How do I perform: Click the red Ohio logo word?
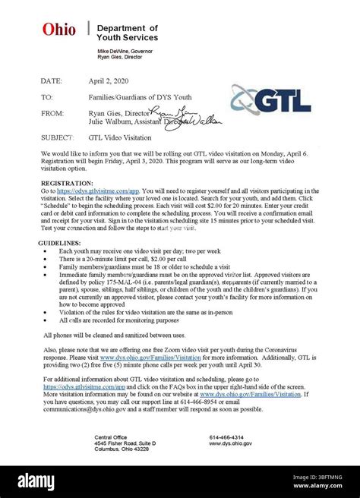tap(59, 30)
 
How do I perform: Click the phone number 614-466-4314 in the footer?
tap(226, 437)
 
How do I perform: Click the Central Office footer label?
tap(110, 437)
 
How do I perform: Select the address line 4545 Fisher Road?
tap(125, 443)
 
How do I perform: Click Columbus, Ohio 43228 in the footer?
tap(122, 449)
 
